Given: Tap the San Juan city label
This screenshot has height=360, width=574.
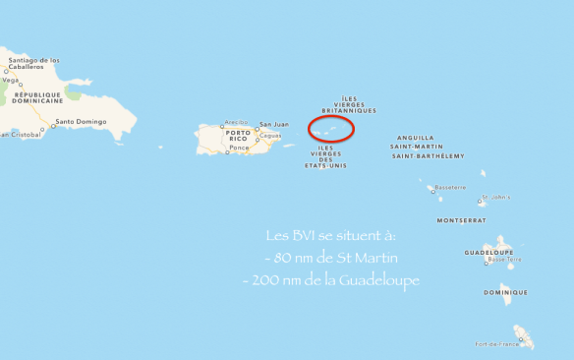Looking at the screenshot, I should point(273,124).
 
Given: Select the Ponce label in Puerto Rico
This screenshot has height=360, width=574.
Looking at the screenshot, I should point(239,148).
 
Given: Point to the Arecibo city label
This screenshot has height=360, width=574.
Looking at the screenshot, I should point(237,123).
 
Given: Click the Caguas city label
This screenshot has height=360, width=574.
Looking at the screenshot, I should point(269,135).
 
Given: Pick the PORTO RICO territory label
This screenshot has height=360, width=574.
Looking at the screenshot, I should point(239,135).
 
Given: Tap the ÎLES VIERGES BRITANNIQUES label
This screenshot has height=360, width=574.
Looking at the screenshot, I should point(349,104).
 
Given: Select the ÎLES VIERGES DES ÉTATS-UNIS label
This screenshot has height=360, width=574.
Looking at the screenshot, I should point(325,156).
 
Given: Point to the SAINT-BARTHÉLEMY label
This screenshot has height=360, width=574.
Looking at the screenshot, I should point(428,155).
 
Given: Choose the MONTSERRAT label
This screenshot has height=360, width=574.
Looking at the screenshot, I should point(461,220).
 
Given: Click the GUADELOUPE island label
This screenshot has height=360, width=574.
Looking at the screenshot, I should point(488,252).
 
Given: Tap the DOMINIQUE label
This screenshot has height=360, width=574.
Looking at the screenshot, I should point(505,292).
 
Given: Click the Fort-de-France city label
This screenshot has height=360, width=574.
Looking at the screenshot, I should point(494,344).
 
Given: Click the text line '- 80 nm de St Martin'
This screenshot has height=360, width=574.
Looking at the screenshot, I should point(333,259).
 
